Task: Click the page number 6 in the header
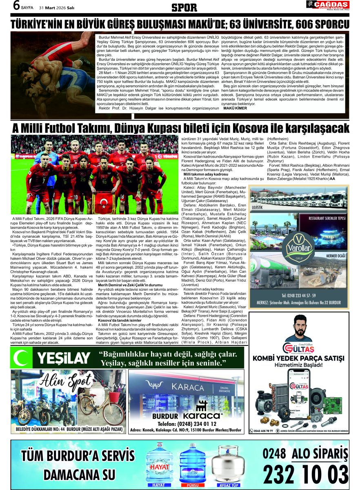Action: (x=17, y=6)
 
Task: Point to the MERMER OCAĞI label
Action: (x=336, y=256)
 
